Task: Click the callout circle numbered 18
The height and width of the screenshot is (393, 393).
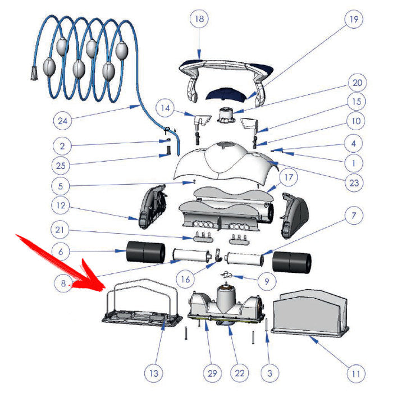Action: click(199, 19)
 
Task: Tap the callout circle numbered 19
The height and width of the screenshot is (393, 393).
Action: click(354, 19)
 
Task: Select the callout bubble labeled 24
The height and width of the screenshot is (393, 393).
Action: click(63, 121)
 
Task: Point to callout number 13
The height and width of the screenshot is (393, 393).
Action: click(154, 373)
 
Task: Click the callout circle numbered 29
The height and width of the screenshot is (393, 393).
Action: click(212, 373)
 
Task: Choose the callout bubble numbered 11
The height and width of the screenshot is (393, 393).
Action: click(356, 374)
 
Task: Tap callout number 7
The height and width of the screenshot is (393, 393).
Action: click(354, 215)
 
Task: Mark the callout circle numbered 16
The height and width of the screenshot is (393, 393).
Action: click(185, 279)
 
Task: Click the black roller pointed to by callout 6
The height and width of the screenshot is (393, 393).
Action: click(145, 252)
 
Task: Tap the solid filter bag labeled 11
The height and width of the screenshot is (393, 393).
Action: click(310, 313)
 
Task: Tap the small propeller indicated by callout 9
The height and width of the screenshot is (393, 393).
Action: click(227, 275)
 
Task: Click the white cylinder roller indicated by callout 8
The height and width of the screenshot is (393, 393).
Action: click(192, 255)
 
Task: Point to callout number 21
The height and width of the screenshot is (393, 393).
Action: click(60, 230)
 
